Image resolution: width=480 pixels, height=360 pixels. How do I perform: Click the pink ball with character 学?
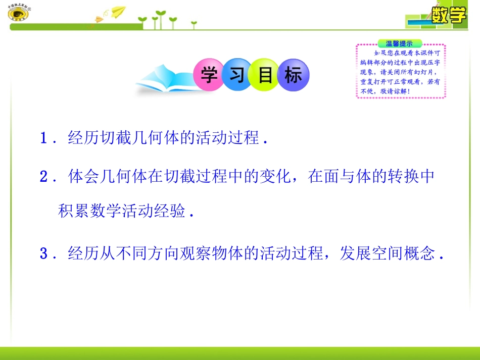[209, 76]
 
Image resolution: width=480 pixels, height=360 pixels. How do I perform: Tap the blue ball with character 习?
[237, 76]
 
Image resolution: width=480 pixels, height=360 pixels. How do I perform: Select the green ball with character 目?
[265, 76]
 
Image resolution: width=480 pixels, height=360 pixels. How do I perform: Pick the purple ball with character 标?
[293, 76]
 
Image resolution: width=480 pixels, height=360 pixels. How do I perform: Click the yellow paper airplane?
[118, 11]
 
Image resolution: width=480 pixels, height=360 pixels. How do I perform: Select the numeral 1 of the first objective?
[44, 138]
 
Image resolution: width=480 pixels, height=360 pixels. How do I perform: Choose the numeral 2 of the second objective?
[44, 177]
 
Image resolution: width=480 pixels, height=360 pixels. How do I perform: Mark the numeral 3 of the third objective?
[44, 253]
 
